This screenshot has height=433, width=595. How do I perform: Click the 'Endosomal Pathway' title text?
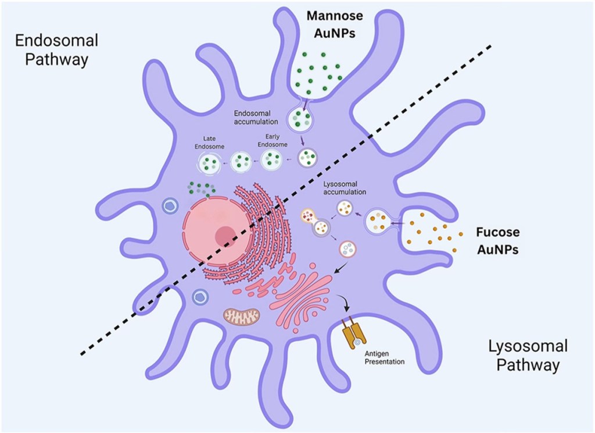(x=56, y=50)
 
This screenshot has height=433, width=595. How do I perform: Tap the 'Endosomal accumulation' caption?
(x=256, y=117)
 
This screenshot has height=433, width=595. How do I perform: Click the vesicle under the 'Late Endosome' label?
(x=212, y=163)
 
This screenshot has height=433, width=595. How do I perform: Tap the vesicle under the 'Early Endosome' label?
(x=271, y=159)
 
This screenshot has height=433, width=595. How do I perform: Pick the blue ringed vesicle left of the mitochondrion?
(x=199, y=297)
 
